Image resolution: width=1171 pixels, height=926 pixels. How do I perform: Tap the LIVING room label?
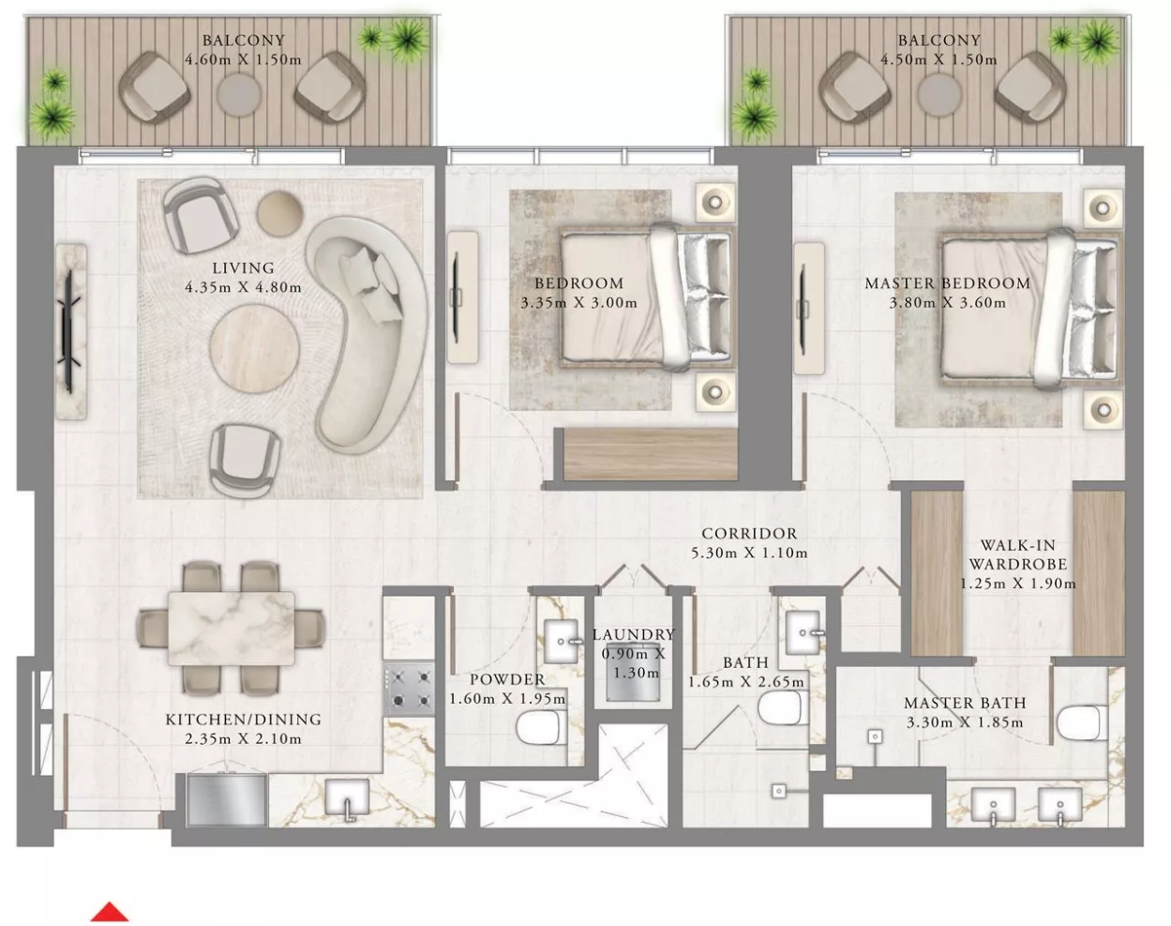coord(243,268)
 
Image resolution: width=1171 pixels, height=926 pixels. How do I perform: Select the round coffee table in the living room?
coord(255,348)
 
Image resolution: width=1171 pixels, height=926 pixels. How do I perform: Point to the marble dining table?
coord(232,629)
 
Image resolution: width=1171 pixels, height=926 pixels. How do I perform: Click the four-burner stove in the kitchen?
coord(409,689)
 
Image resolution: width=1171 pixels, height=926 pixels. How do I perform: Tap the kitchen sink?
coord(347,798)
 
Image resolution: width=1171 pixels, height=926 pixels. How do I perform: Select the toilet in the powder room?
coord(540,728)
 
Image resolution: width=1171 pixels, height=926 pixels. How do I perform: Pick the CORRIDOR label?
coord(749,533)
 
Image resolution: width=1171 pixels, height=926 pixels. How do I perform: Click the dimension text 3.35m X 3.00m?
coord(578,302)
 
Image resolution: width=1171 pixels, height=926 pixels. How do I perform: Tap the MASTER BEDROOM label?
coord(947,283)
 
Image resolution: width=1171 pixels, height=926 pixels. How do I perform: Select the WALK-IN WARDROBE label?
coord(1017,554)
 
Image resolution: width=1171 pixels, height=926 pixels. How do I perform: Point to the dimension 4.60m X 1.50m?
coord(243,59)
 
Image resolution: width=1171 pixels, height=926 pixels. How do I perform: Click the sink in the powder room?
coord(563,641)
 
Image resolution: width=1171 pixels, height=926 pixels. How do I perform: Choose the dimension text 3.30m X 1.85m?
coord(965,722)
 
